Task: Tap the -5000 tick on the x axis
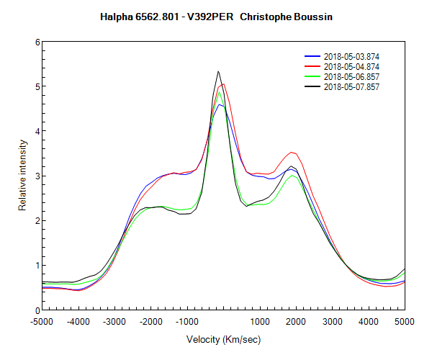click(x=42, y=322)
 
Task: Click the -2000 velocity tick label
click(x=151, y=322)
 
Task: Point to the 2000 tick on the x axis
click(x=296, y=322)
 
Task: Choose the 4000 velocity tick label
click(x=369, y=322)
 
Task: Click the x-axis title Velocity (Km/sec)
click(x=223, y=339)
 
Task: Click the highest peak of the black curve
click(x=218, y=71)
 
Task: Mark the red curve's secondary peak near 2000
click(x=292, y=152)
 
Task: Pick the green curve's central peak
click(x=219, y=91)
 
